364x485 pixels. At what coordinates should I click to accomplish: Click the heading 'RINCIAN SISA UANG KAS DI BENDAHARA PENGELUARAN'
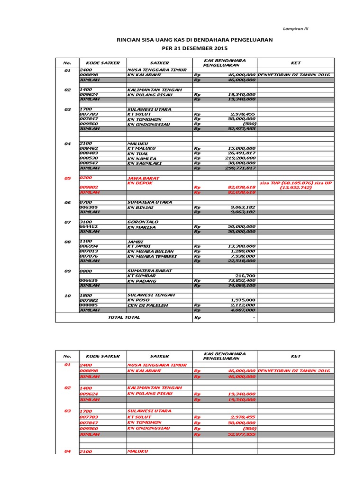click(x=195, y=40)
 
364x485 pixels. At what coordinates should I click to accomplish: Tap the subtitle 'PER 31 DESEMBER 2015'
click(x=195, y=48)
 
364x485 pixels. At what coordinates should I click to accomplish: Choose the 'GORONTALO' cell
click(x=143, y=222)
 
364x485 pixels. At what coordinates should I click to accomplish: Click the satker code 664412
click(x=89, y=227)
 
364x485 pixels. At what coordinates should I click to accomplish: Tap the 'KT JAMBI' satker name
click(x=138, y=246)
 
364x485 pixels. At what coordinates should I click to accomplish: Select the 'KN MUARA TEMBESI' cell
click(x=152, y=256)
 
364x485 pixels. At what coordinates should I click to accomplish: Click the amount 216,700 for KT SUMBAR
click(x=246, y=276)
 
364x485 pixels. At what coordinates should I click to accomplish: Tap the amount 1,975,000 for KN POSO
click(x=244, y=300)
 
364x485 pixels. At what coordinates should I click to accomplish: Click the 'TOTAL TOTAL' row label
click(x=124, y=317)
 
